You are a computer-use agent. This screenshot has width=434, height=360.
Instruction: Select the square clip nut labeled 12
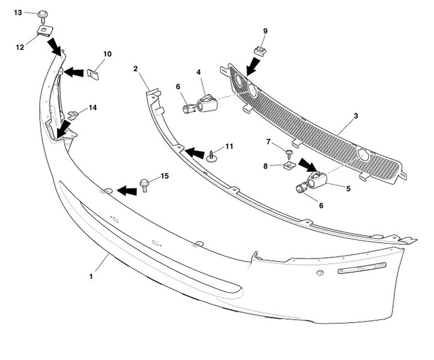point(43,31)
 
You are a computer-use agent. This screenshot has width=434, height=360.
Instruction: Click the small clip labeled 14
point(74,113)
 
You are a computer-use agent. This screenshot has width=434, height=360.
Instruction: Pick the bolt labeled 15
point(144,184)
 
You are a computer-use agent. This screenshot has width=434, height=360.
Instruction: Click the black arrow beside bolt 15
point(126,191)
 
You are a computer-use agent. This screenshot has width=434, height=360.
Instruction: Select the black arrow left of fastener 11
point(194,154)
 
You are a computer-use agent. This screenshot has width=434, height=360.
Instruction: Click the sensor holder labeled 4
point(207,103)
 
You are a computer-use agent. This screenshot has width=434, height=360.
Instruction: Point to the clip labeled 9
point(260,50)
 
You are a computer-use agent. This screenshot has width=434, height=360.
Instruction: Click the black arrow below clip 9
point(251,67)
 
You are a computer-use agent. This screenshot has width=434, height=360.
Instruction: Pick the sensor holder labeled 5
point(316,178)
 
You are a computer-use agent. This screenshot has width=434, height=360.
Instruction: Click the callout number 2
point(136,68)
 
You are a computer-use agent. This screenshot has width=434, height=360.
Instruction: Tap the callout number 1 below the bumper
point(91,277)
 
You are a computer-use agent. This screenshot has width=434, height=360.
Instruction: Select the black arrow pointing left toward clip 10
point(74,73)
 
